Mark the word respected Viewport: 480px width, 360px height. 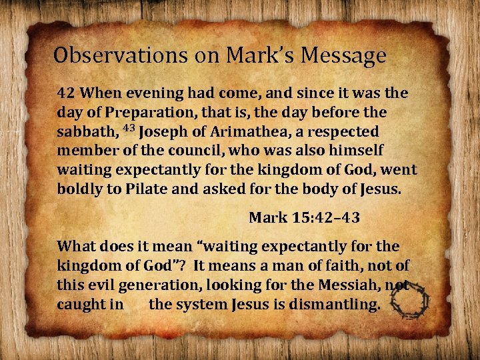click(344, 132)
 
